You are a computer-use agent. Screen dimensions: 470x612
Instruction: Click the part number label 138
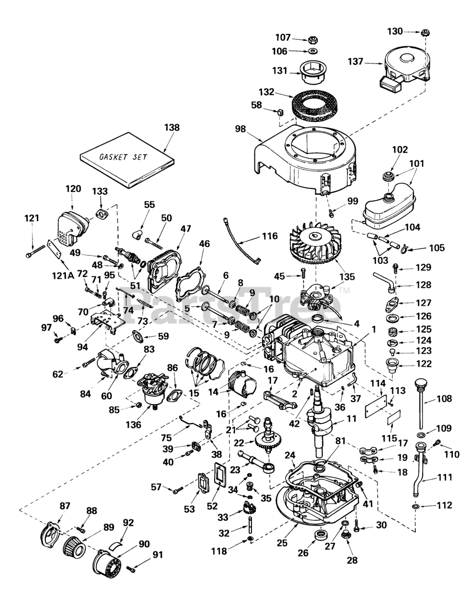172,128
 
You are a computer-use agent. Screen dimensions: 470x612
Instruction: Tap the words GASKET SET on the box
123,157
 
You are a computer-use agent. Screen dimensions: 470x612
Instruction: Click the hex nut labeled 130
424,33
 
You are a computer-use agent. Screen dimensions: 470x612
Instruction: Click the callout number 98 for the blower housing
241,129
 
